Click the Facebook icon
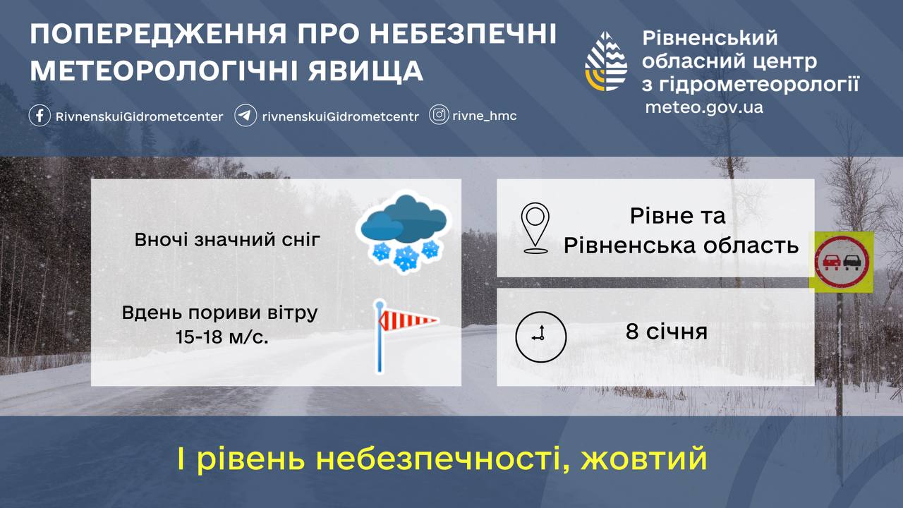[x=40, y=116]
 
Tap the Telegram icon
[x=245, y=116]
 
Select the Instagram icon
[x=439, y=115]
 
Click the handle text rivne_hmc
[x=484, y=116]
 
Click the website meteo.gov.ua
[x=703, y=108]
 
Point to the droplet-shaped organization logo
[x=606, y=61]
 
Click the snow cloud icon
[x=402, y=232]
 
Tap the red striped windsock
[x=407, y=322]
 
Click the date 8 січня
[x=666, y=331]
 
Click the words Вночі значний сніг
[x=227, y=240]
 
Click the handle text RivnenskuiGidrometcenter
[x=139, y=116]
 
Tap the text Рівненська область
[x=681, y=245]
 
